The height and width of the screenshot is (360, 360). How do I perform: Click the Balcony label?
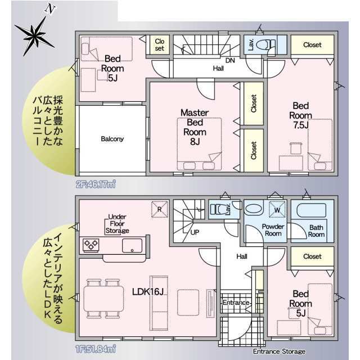[112, 139]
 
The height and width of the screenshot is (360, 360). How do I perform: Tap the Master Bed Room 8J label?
[195, 127]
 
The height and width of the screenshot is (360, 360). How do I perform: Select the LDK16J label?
[148, 291]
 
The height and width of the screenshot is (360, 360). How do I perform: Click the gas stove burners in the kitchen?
[91, 245]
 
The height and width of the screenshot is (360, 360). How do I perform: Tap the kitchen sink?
[132, 245]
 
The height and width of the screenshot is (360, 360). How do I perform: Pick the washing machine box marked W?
[277, 209]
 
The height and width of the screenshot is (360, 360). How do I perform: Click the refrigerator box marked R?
[160, 209]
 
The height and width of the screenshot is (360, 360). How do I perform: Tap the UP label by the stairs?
[195, 232]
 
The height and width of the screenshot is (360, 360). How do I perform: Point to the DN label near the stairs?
[230, 60]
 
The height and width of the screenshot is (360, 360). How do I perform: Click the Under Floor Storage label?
[118, 224]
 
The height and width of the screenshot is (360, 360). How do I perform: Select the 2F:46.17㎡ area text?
[96, 184]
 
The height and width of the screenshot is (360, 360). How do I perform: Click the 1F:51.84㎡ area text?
[96, 349]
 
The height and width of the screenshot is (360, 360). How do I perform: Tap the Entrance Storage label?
[279, 351]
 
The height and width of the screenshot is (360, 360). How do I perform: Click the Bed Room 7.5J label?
[300, 115]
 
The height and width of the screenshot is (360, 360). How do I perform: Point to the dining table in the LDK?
[103, 299]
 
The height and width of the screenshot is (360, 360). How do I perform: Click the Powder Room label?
[273, 230]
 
